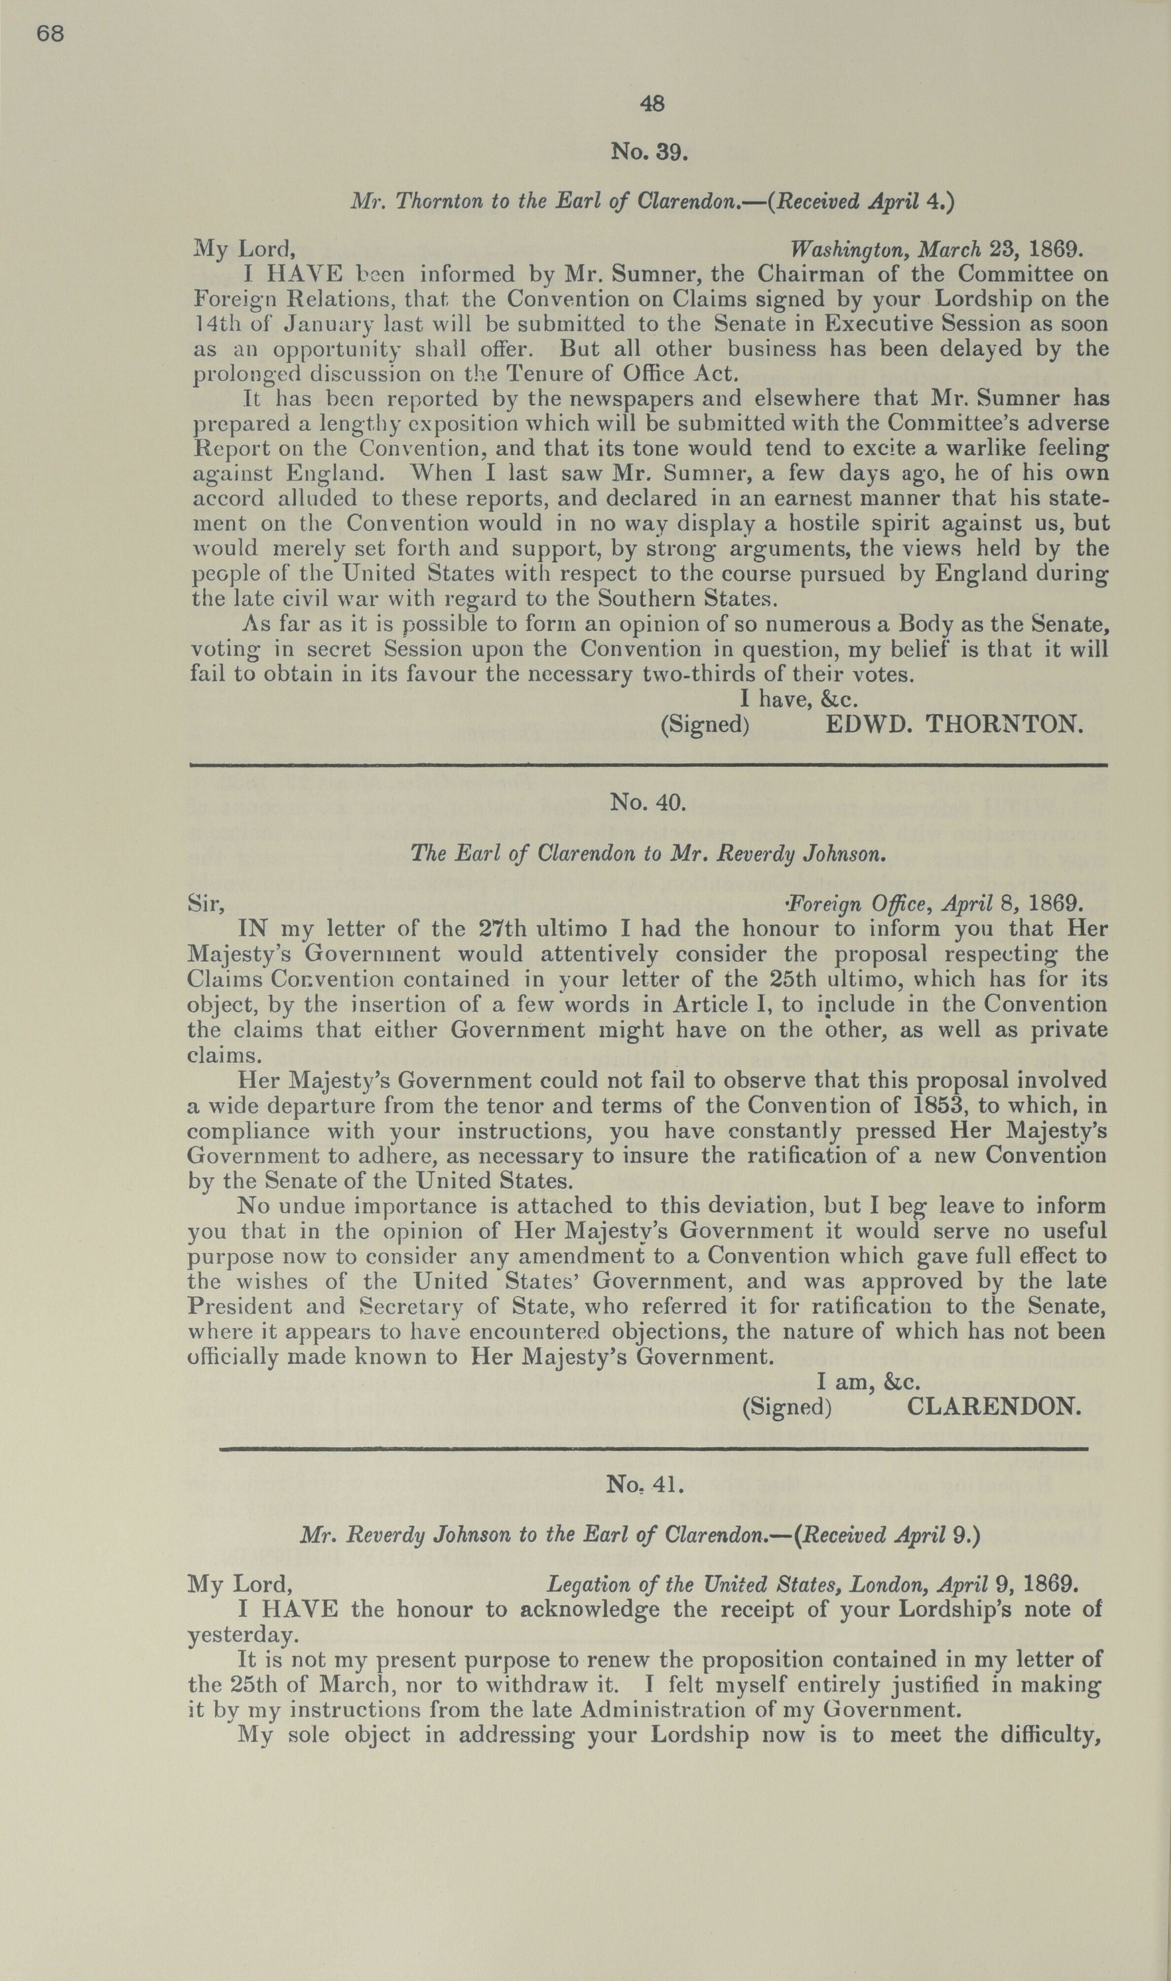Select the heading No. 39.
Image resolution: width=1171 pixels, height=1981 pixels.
pyautogui.click(x=649, y=151)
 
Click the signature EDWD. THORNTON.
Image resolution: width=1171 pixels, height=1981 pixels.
pyautogui.click(x=953, y=724)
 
